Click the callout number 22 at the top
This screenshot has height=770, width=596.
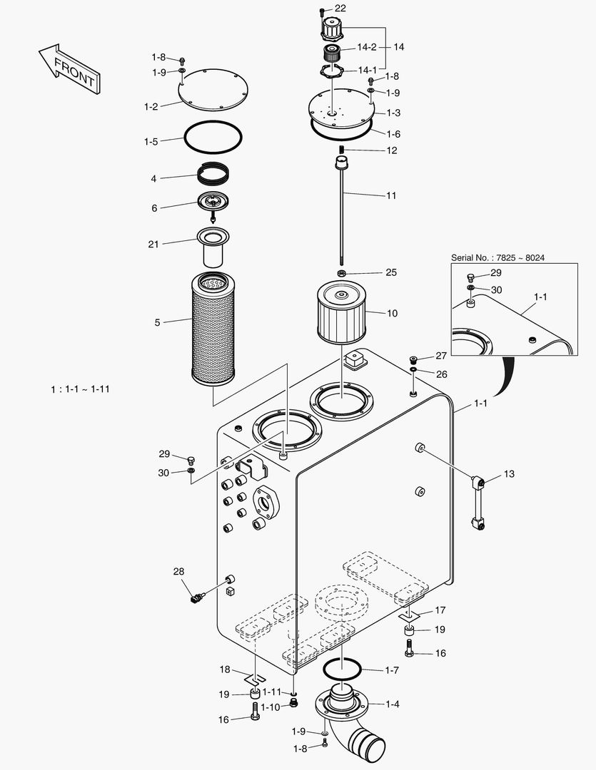[x=340, y=8]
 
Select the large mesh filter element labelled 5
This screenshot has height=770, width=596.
[x=213, y=329]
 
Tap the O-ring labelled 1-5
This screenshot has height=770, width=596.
[x=212, y=137]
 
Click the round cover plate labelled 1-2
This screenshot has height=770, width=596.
[x=212, y=90]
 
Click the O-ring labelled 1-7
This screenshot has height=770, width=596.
[x=342, y=669]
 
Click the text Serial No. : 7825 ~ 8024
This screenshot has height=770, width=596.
[x=497, y=257]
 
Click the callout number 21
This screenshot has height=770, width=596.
[x=153, y=244]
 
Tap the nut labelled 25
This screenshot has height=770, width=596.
[x=343, y=273]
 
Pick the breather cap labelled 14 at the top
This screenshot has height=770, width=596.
[x=330, y=29]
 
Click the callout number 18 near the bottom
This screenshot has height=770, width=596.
[x=225, y=669]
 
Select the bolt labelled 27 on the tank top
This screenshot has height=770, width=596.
[x=414, y=359]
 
